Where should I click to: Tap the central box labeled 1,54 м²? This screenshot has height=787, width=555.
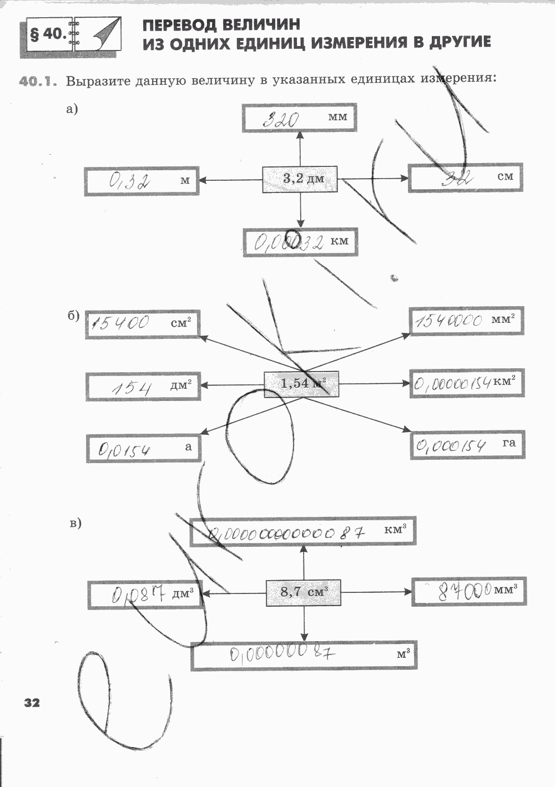301,384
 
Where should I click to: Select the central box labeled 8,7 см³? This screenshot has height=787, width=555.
303,592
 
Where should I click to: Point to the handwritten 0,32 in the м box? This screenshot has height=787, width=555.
129,181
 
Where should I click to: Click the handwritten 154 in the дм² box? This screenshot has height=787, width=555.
132,387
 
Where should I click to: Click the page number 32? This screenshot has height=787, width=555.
32,703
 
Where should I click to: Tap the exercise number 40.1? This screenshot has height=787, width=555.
38,82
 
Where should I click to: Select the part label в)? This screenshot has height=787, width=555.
76,522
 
